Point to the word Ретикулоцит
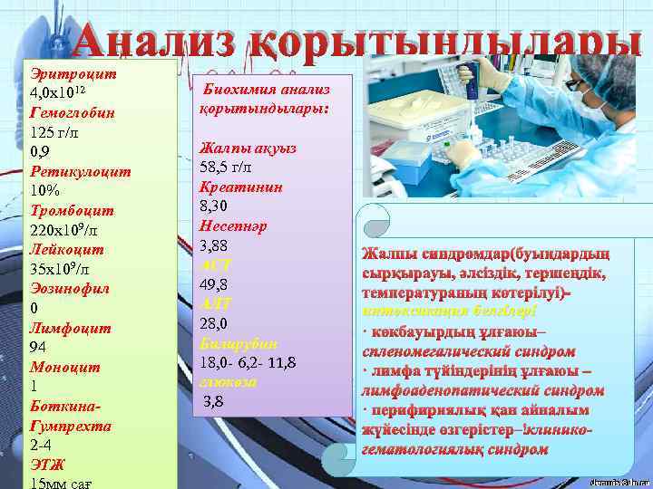[x=80, y=170]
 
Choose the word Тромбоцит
[x=72, y=210]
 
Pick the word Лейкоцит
[x=67, y=249]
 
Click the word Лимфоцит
[x=70, y=329]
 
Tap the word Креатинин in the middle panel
[x=240, y=187]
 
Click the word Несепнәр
[x=233, y=226]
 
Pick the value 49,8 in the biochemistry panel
[x=217, y=284]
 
